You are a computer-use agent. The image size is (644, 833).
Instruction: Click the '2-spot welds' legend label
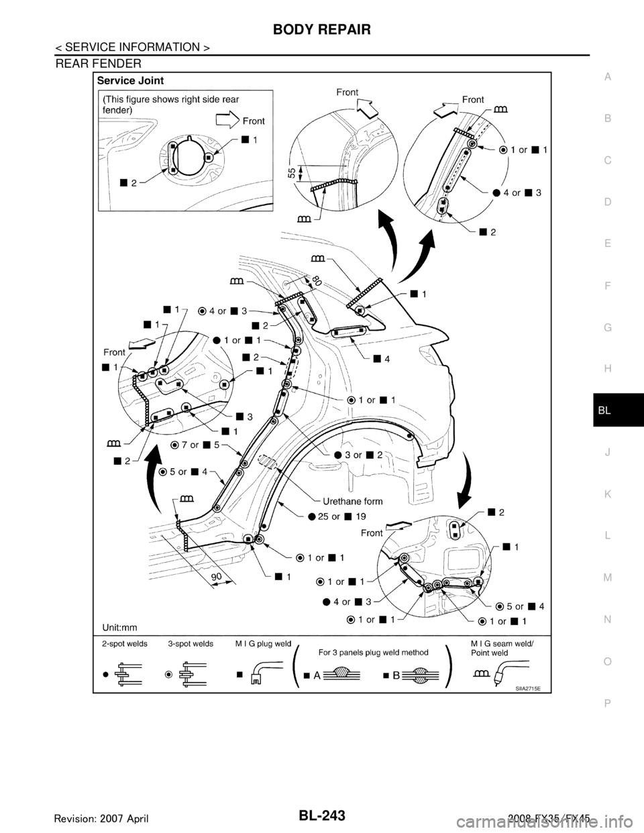tap(124, 643)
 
